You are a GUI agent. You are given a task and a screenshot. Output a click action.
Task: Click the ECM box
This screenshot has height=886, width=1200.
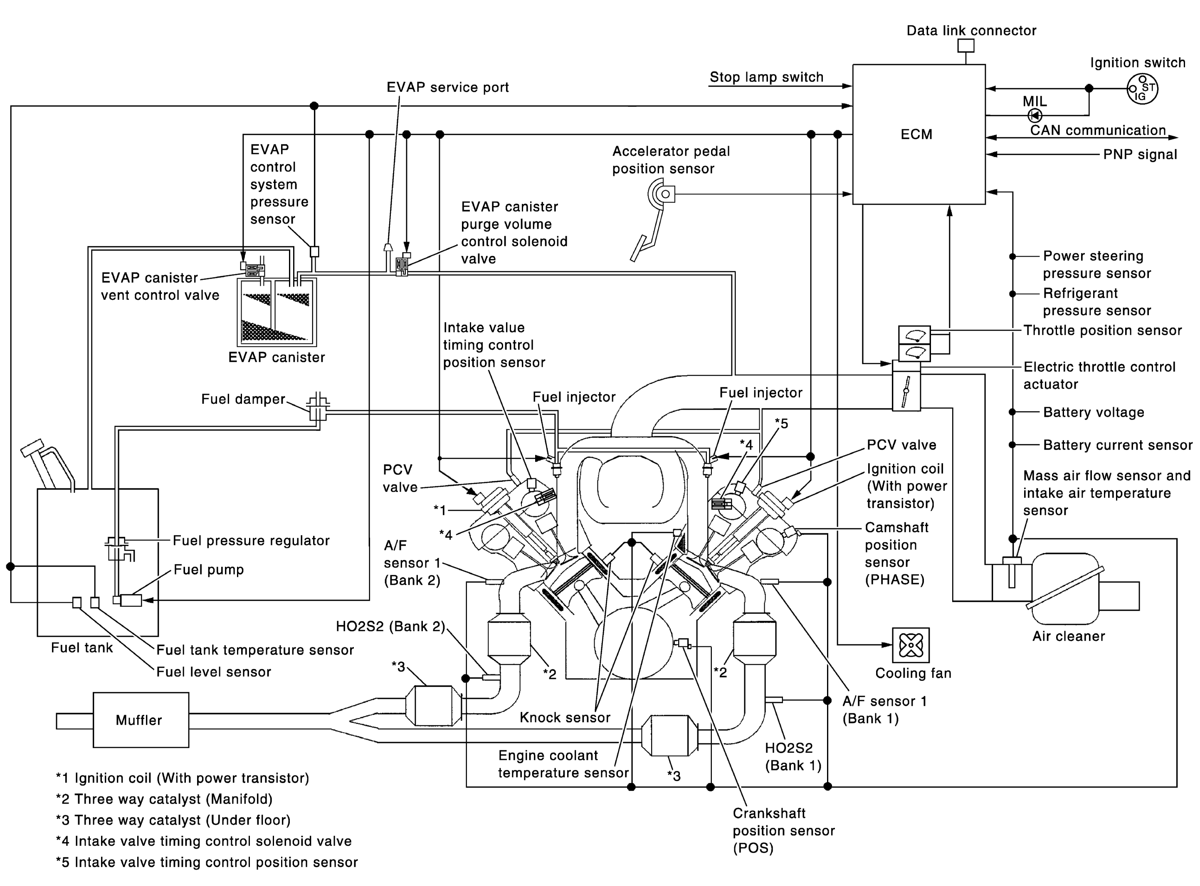[x=919, y=134]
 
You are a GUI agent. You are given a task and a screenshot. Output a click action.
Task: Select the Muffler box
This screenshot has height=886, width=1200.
[x=141, y=720]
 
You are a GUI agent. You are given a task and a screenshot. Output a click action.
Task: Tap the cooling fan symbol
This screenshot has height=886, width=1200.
[x=911, y=645]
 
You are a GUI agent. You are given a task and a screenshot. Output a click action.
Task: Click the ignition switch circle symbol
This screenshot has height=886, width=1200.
[x=1142, y=89]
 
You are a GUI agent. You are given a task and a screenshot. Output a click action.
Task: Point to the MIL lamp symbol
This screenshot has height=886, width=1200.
[x=1035, y=115]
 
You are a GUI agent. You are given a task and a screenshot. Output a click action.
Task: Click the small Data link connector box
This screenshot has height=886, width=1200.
[x=966, y=46]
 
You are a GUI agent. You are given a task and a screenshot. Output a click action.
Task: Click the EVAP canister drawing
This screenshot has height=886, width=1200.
[x=277, y=312]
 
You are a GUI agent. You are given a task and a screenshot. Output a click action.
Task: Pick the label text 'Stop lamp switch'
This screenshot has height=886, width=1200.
[x=766, y=77]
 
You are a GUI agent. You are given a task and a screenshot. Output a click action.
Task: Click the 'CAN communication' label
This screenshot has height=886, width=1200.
[x=1098, y=130]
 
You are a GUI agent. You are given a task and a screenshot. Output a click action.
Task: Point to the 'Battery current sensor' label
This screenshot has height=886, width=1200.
[x=1117, y=445]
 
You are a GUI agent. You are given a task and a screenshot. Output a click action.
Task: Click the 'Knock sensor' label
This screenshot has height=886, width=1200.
[x=565, y=718]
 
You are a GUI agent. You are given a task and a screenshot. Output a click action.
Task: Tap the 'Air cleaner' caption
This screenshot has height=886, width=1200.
[x=1069, y=636]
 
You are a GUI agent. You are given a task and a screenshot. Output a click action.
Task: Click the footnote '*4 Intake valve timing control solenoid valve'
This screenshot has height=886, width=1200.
[x=204, y=841]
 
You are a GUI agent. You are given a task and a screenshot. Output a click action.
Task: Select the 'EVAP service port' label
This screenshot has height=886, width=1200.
[x=447, y=87]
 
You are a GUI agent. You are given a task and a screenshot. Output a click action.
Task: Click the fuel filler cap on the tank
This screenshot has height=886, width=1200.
[x=32, y=448]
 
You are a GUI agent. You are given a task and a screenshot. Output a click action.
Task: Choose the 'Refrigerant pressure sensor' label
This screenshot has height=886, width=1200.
[x=1096, y=302]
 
